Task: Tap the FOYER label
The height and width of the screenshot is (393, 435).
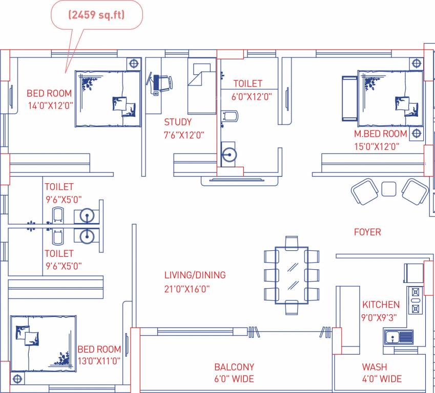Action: [x=367, y=232]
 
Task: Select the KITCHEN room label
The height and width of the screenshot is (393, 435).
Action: [x=381, y=304]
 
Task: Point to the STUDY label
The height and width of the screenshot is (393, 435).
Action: [x=178, y=122]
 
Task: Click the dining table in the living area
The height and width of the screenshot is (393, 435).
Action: [x=291, y=274]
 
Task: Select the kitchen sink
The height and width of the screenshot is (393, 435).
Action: [x=399, y=337]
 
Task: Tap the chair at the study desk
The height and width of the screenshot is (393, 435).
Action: [x=163, y=83]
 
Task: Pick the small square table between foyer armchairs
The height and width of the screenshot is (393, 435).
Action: [x=389, y=188]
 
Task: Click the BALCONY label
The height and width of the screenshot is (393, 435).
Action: [x=234, y=367]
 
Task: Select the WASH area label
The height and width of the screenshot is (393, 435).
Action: [x=375, y=367]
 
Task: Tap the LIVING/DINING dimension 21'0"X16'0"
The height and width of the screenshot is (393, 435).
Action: [x=187, y=289]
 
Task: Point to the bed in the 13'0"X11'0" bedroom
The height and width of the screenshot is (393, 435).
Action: [x=44, y=343]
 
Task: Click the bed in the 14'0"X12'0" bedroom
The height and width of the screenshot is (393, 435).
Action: [x=108, y=99]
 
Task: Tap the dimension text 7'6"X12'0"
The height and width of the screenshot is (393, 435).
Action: [x=184, y=135]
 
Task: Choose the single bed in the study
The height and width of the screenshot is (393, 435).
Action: [x=201, y=87]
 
